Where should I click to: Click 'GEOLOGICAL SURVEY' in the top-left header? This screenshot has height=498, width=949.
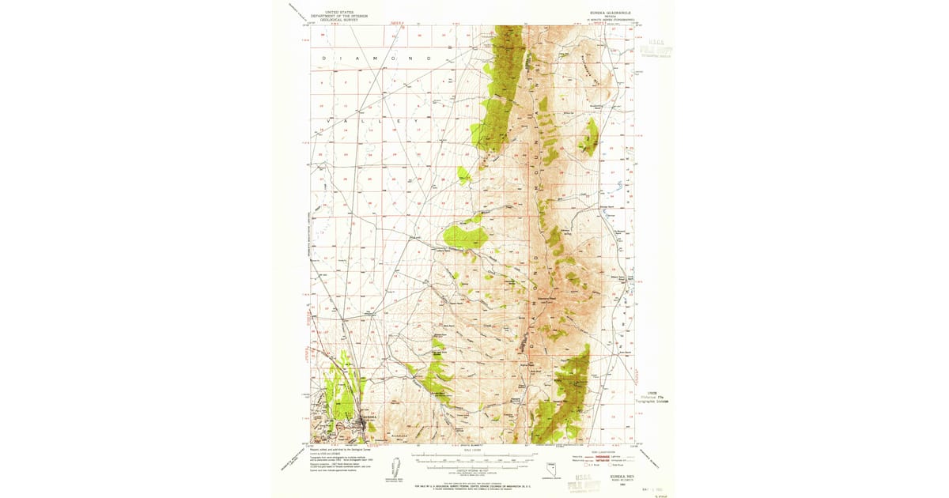335,20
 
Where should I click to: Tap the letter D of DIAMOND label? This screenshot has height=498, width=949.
323,59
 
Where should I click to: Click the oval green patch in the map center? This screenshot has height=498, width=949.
466,236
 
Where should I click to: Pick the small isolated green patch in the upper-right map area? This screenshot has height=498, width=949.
589,139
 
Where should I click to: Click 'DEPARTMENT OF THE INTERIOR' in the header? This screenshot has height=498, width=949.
335,16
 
